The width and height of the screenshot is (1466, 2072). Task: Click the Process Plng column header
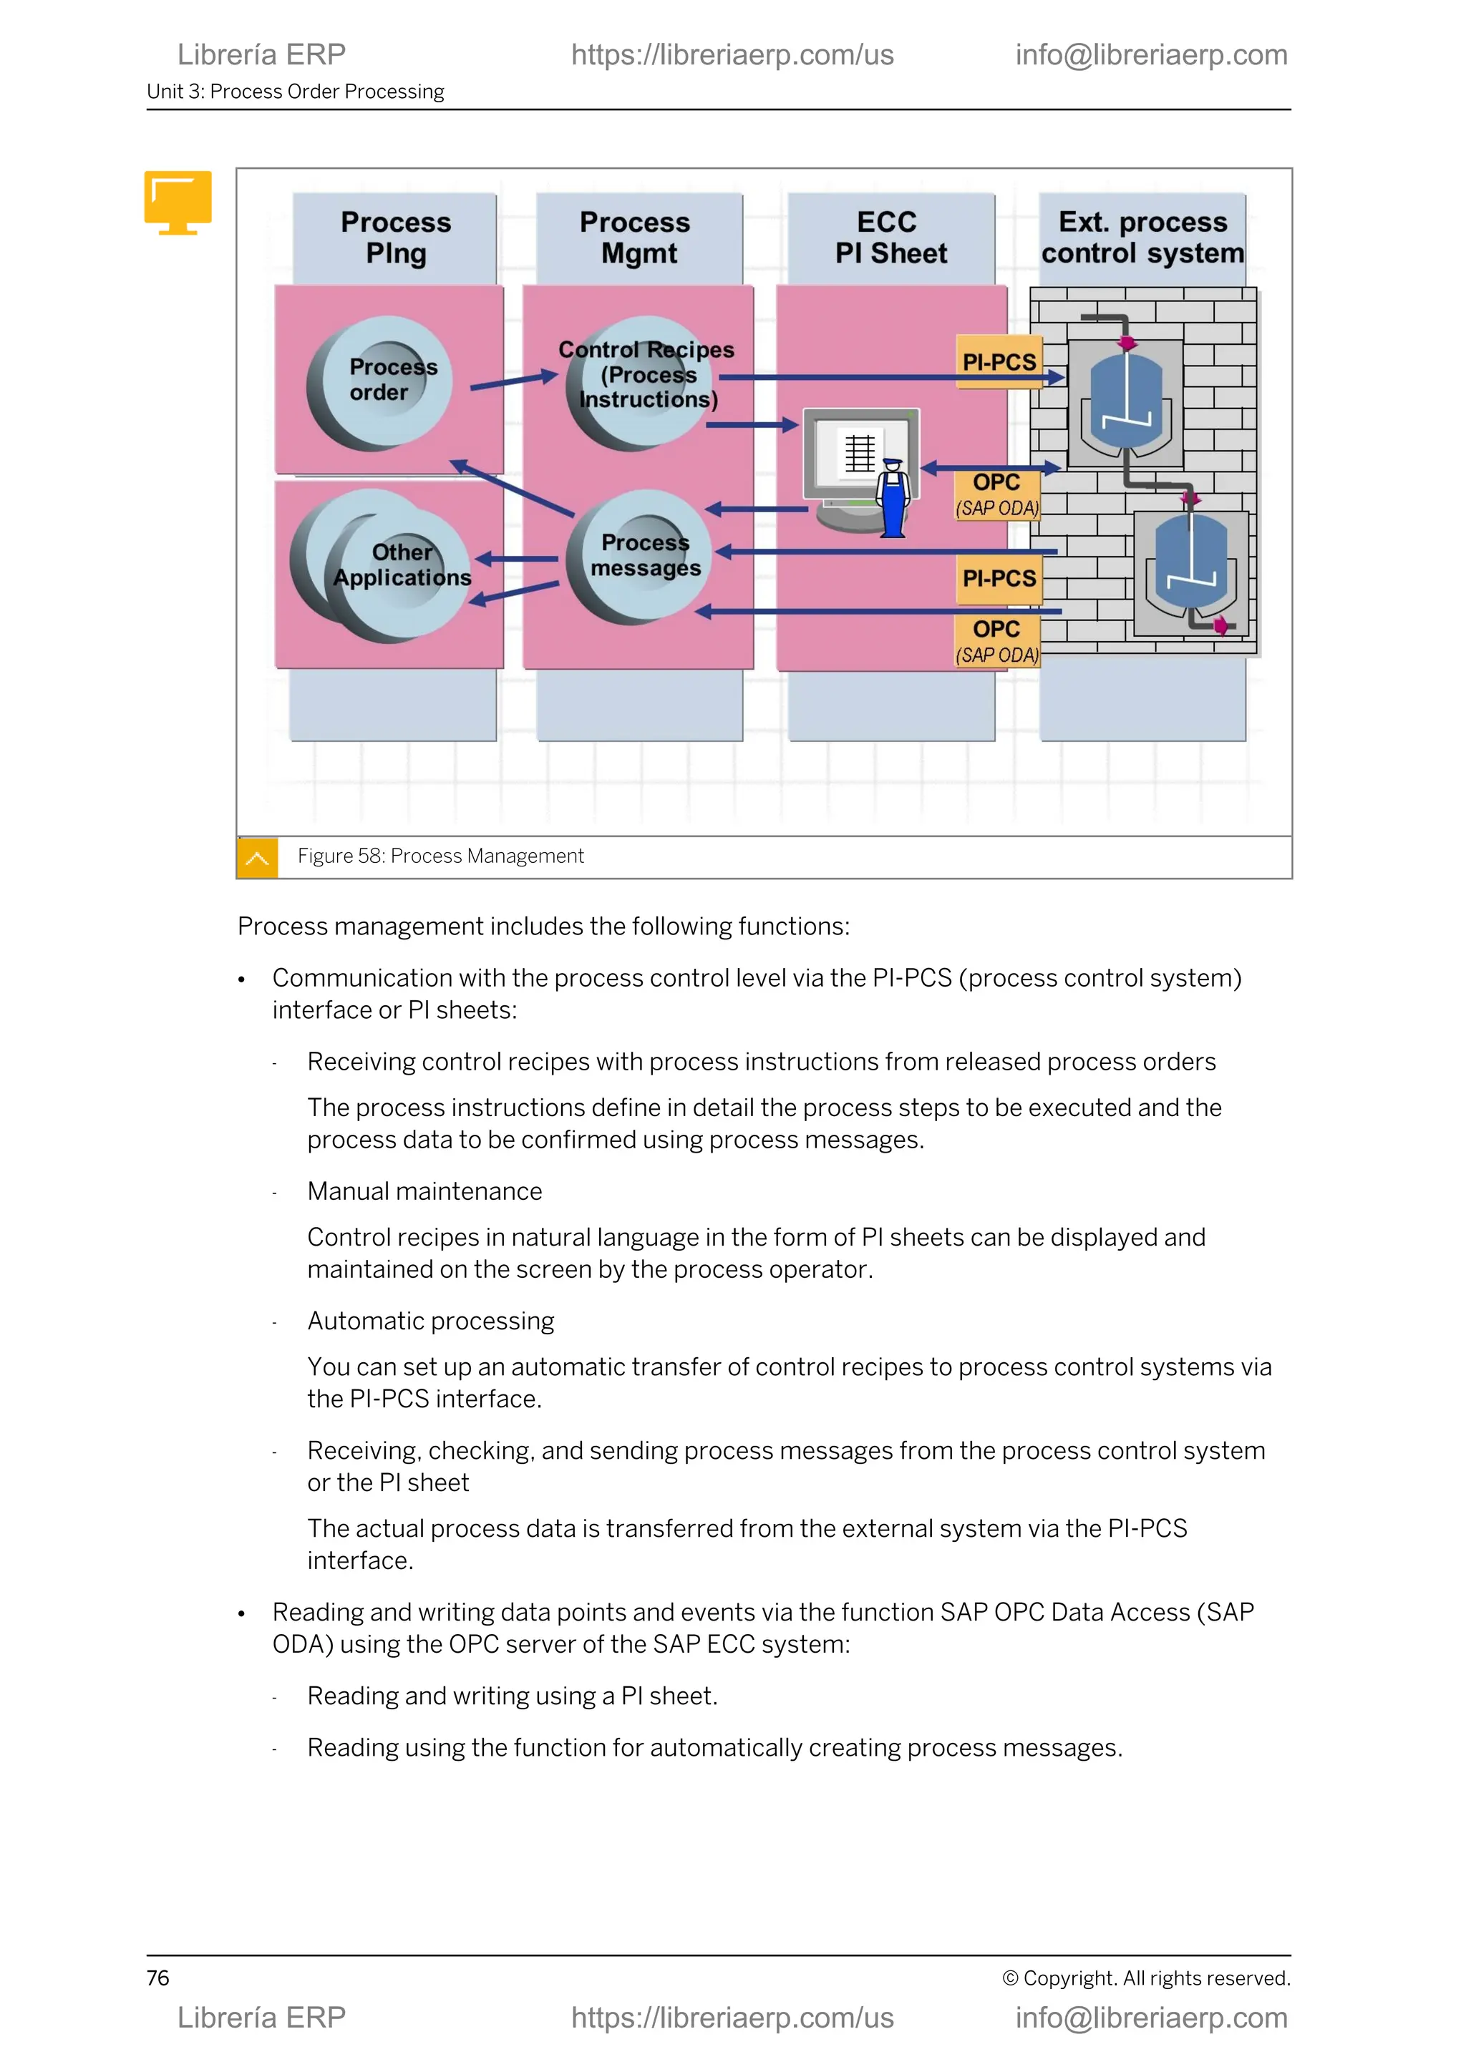(x=395, y=238)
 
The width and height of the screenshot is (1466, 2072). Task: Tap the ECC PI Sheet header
(x=890, y=238)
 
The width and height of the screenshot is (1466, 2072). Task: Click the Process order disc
(x=380, y=382)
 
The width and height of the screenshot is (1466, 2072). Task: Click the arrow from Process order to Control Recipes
(x=513, y=381)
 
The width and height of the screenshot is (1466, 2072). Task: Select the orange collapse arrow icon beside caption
(x=257, y=857)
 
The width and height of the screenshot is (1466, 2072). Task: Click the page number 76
(x=158, y=1978)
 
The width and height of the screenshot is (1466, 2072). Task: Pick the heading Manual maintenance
(x=424, y=1191)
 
